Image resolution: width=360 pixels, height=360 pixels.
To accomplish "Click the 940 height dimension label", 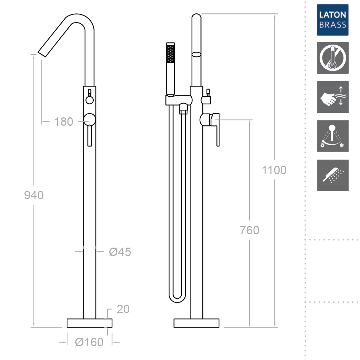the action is click(34, 195).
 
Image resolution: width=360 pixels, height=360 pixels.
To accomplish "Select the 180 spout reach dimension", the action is click(64, 122).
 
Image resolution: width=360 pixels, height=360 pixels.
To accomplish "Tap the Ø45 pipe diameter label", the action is click(120, 252).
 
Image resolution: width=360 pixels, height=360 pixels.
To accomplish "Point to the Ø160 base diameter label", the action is click(89, 342).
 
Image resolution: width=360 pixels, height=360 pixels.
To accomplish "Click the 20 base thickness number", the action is click(123, 309).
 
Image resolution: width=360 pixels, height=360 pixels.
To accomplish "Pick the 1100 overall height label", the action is click(274, 170).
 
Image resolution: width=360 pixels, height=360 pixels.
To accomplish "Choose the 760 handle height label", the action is click(250, 230).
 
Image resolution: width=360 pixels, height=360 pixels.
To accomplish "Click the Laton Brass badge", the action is click(333, 20).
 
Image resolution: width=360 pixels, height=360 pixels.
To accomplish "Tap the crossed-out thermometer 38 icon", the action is click(333, 58).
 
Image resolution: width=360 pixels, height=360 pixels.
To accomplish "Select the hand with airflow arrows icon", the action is click(333, 97).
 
